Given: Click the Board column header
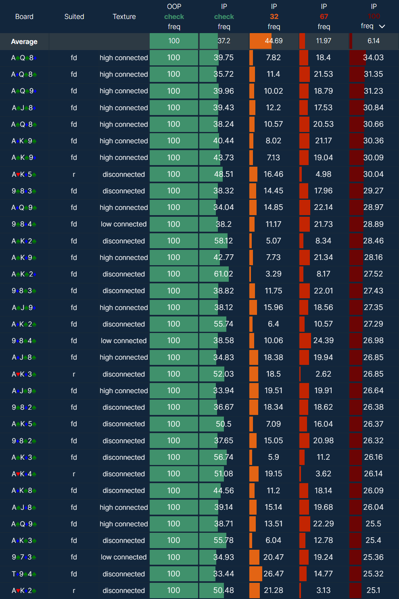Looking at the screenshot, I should [x=24, y=17].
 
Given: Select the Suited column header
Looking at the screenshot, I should [x=74, y=17].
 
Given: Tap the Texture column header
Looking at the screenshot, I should [x=124, y=17].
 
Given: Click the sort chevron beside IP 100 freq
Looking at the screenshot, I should [x=382, y=26].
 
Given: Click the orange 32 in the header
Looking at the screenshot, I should [x=274, y=17].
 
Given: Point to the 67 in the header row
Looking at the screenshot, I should [x=324, y=17].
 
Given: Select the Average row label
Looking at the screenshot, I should [x=24, y=42].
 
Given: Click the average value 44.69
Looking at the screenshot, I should [x=274, y=41].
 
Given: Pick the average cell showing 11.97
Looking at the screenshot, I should [x=324, y=41].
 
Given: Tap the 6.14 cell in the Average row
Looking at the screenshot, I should [x=374, y=41].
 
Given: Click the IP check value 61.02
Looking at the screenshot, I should [x=224, y=274].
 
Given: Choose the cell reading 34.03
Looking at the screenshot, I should [x=373, y=58].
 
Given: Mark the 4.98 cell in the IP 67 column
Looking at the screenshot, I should [x=324, y=174].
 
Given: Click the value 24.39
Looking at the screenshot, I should [x=324, y=341].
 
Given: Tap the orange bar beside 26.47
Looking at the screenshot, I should [x=256, y=574].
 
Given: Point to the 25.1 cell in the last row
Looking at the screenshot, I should [x=373, y=591].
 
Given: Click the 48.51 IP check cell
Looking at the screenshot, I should [x=224, y=174].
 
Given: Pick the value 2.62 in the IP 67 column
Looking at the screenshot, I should [x=324, y=374].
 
